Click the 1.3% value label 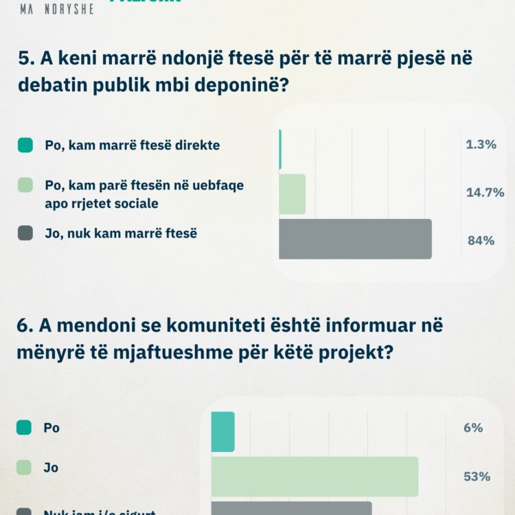pos(481,145)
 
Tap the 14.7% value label pos(485,192)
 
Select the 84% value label pos(481,240)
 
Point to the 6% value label pos(473,428)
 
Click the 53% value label pos(476,477)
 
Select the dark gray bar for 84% pos(355,239)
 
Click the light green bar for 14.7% pos(292,194)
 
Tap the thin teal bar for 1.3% pos(280,149)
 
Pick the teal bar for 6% pos(222,432)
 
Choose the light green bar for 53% pos(314,477)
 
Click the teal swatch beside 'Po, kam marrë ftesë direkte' pos(25,145)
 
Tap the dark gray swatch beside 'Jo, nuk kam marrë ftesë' pos(25,233)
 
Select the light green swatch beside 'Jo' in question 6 pos(24,468)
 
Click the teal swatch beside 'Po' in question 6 pos(24,428)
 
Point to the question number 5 pos(24,59)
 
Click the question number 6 pos(24,325)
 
